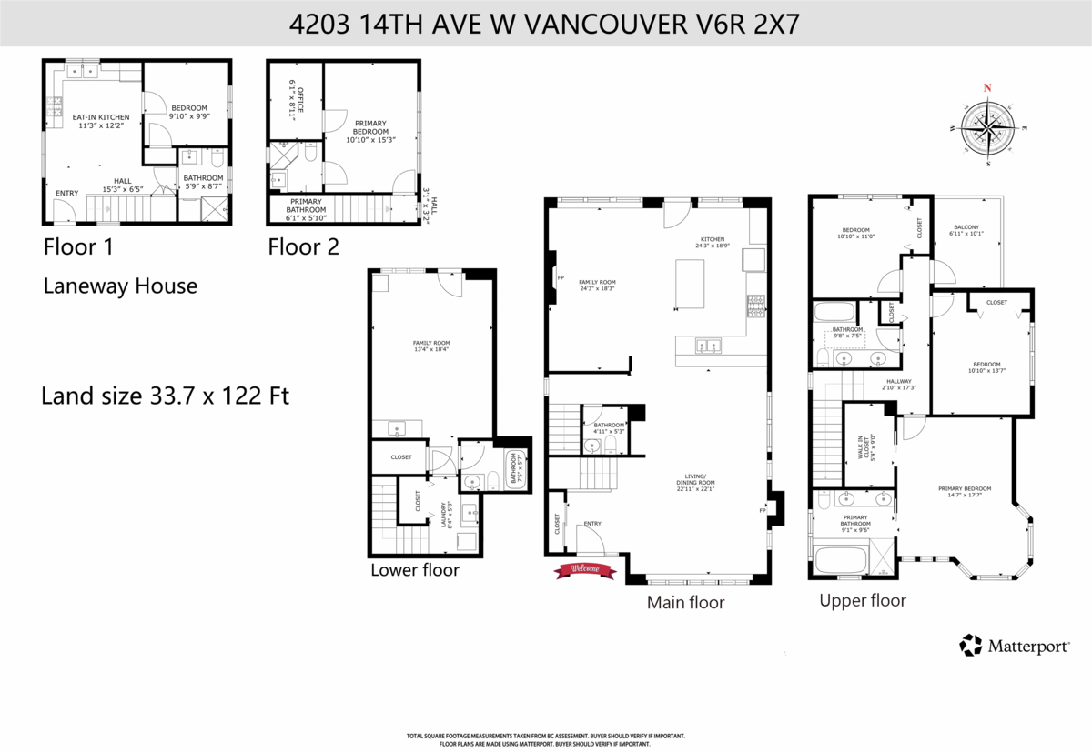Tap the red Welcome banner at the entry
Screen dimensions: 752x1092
point(585,569)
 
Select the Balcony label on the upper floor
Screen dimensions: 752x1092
point(966,232)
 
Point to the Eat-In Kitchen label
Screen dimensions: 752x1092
point(101,121)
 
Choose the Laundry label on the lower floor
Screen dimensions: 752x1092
point(444,516)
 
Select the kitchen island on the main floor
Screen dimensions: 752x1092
point(691,284)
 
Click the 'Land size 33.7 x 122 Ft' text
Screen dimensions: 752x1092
point(166,397)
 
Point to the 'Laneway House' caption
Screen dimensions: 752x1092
point(120,286)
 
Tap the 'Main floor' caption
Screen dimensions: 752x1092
point(685,602)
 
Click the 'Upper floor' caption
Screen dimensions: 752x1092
point(862,600)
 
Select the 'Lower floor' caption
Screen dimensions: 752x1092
point(414,570)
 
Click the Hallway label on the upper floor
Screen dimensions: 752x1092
point(898,384)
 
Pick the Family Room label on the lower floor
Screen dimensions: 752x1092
point(431,346)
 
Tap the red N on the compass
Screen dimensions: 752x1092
point(987,88)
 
